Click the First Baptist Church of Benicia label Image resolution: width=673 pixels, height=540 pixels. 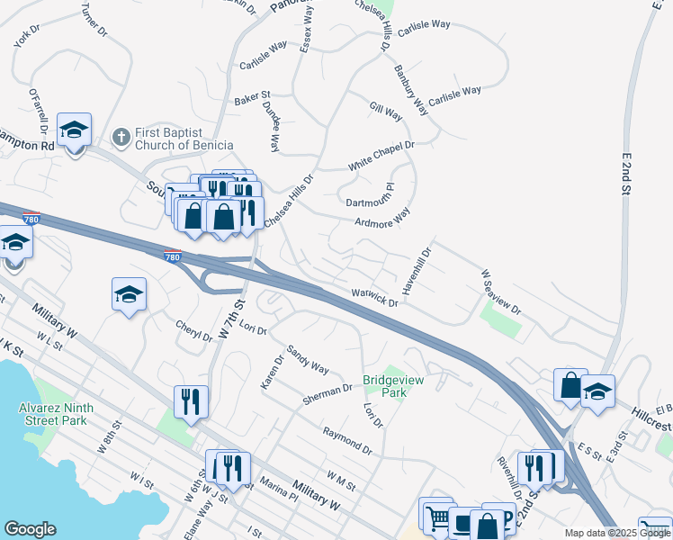pyautogui.click(x=184, y=139)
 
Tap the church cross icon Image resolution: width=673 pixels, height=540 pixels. pyautogui.click(x=121, y=138)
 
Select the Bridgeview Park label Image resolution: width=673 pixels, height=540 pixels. pyautogui.click(x=392, y=386)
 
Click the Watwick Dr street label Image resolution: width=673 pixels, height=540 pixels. pyautogui.click(x=373, y=298)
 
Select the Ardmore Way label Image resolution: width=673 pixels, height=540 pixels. pyautogui.click(x=381, y=218)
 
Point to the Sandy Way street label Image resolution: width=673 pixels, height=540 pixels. pyautogui.click(x=308, y=359)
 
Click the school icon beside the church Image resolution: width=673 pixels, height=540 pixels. pyautogui.click(x=75, y=130)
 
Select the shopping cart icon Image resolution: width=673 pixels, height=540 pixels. pyautogui.click(x=436, y=517)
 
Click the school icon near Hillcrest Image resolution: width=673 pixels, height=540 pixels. pyautogui.click(x=597, y=391)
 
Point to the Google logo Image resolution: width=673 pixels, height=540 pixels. pyautogui.click(x=30, y=529)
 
